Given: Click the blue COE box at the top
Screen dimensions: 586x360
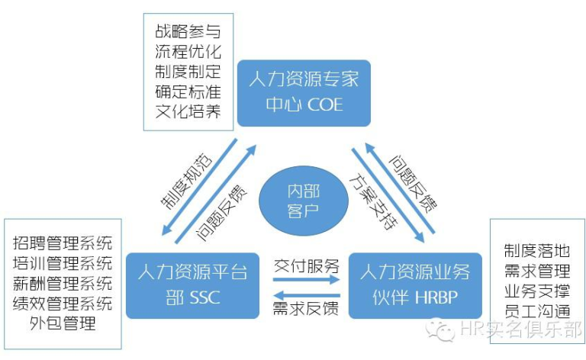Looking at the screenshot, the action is point(304,93).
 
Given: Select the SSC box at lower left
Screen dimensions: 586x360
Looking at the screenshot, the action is point(192,286).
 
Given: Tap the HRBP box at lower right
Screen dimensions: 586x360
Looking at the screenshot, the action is point(415,286).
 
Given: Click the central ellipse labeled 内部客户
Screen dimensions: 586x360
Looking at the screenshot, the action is point(304,201).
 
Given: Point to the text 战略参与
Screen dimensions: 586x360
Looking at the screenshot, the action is point(188,31).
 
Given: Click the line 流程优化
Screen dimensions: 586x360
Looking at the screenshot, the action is point(188,52).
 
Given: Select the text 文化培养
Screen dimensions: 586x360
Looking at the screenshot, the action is point(188,111).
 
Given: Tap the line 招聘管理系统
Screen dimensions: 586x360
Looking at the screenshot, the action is point(63,243).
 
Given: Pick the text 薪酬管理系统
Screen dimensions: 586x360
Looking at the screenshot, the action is point(63,284).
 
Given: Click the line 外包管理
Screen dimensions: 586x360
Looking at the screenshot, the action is point(63,323).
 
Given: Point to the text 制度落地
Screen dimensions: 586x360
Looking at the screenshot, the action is point(537,251).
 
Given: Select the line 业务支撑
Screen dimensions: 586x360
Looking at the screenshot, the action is point(537,291).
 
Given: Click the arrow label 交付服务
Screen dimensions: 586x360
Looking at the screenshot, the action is point(306,266).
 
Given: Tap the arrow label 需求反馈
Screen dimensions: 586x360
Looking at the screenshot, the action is point(306,309).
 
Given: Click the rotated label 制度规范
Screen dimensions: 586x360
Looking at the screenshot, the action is point(186,181).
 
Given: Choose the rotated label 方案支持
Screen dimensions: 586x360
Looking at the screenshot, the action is point(373,201).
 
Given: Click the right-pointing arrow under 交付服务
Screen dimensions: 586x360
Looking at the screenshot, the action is point(307,279).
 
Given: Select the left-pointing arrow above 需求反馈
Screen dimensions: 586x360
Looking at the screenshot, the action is point(307,295).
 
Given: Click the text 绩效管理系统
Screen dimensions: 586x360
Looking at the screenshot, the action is point(63,304).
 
